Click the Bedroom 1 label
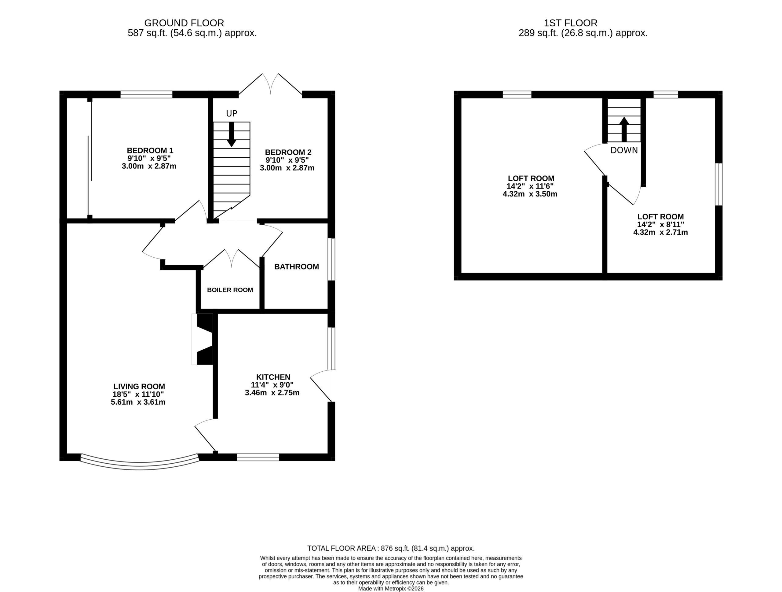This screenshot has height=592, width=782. pos(150,151)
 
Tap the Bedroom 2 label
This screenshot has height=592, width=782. pos(288,153)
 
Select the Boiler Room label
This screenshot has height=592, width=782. pos(230,290)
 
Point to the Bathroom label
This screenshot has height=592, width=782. pos(296,267)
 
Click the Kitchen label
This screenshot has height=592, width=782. pos(273,377)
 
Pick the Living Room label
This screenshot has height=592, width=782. pos(139,387)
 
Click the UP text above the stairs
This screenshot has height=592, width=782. pos(232,113)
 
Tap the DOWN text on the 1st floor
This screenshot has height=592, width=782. pos(624,150)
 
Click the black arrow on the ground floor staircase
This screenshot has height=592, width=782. pos(232,134)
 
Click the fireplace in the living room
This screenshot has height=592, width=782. pos(202,339)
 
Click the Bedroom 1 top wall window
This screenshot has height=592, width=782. pos(146,94)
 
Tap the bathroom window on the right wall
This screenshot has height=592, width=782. pos(331,259)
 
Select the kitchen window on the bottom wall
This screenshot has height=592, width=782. pos(258,457)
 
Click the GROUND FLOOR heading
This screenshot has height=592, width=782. pos(184,23)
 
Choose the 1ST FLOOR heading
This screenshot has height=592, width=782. pos(571,23)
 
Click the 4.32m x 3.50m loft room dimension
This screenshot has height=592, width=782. pos(530,194)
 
